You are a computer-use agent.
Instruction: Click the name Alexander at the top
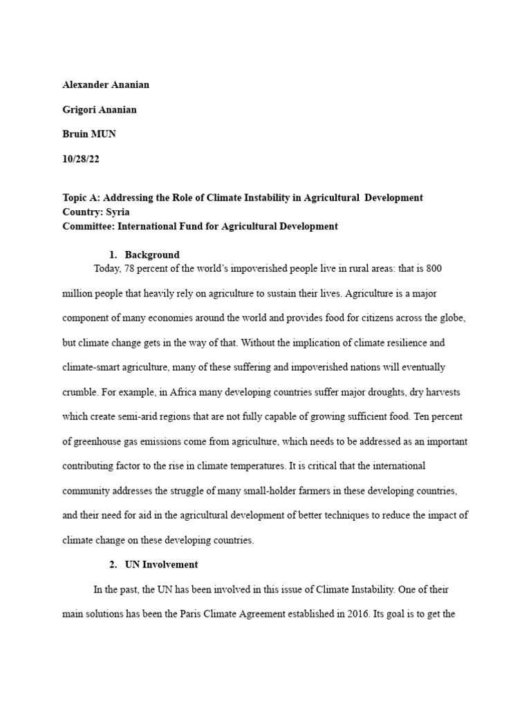click(x=85, y=84)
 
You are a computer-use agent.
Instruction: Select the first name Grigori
click(x=79, y=109)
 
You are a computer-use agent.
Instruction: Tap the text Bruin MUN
click(x=89, y=133)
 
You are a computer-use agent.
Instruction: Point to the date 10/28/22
click(x=81, y=158)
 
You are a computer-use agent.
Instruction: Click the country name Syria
click(x=117, y=212)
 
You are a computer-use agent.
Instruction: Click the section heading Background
click(x=152, y=254)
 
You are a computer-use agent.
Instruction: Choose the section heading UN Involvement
click(x=161, y=564)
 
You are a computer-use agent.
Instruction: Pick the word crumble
click(x=79, y=392)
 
